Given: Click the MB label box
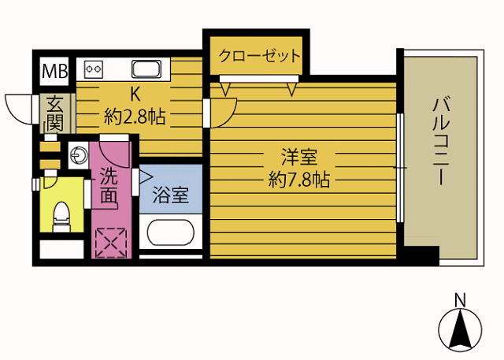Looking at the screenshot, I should point(54,71).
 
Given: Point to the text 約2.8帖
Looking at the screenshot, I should point(135,118).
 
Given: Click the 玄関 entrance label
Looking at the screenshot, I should point(54,113).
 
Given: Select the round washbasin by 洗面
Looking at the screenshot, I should point(79,156).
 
